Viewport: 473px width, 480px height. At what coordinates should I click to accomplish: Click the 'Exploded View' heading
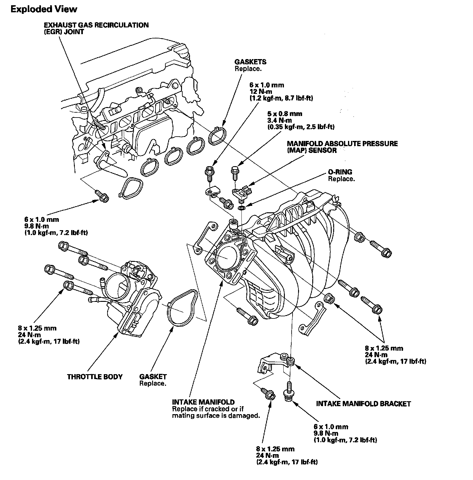44,9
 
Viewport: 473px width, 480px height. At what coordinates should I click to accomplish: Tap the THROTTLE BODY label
95,377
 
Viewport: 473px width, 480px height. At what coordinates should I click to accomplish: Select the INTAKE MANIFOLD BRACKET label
363,404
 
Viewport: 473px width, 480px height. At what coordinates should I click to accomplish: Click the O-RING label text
340,172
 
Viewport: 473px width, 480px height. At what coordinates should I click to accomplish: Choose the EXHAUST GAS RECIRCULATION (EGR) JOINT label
96,28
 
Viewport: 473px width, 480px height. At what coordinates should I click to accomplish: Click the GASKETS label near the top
250,62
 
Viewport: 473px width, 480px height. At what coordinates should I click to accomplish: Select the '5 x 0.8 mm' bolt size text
285,114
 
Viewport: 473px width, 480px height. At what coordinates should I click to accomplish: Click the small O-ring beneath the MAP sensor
242,208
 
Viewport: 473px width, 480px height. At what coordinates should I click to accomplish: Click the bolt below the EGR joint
102,196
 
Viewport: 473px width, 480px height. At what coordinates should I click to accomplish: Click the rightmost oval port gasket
218,134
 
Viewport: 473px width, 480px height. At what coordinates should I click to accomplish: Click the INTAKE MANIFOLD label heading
203,402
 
